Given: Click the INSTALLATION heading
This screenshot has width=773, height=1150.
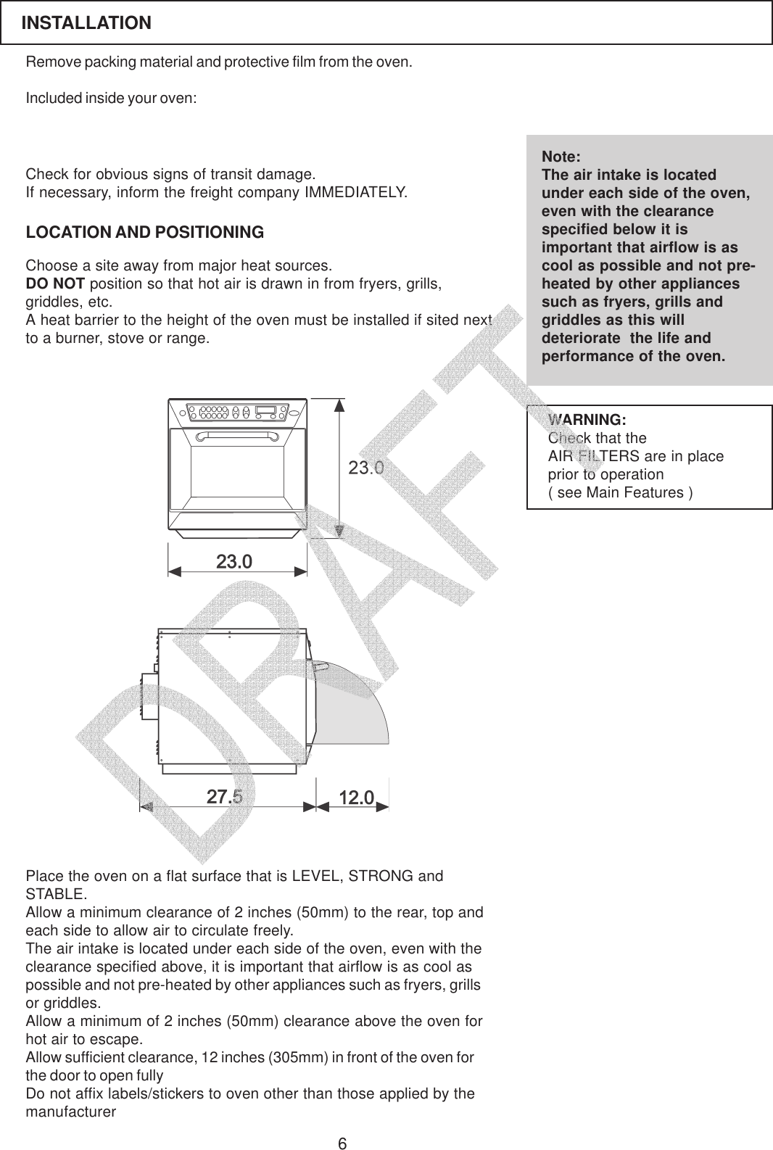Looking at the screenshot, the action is [86, 23].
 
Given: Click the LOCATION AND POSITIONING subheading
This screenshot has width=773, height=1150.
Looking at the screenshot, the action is [145, 233].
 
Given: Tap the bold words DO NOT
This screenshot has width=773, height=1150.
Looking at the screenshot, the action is [55, 282].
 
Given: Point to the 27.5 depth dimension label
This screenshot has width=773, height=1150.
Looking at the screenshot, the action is [225, 798].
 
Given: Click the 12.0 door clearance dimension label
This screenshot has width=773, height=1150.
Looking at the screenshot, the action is [356, 798].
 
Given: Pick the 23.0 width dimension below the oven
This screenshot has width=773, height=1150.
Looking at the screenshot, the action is [234, 562].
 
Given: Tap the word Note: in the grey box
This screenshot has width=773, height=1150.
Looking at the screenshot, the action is [561, 157].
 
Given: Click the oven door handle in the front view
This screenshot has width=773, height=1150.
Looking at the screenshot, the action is [237, 436].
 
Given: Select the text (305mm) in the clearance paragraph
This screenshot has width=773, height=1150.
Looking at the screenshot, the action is [298, 1057].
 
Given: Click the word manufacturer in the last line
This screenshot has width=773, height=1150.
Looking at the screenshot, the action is [70, 1112].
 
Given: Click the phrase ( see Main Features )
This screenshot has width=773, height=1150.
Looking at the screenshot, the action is [620, 493].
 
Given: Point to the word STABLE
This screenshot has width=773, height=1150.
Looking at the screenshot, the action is [55, 893].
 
